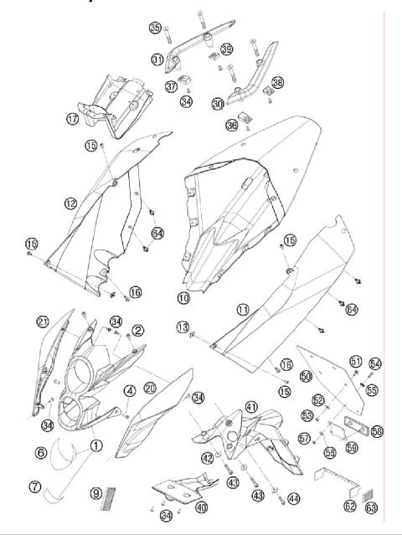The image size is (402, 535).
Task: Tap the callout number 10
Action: click(x=183, y=297)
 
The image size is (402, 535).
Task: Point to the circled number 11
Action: click(x=242, y=309)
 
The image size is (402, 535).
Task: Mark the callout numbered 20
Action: click(x=150, y=388)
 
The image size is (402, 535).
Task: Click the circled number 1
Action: click(x=97, y=445)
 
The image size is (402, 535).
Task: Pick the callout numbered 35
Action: click(x=155, y=28)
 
